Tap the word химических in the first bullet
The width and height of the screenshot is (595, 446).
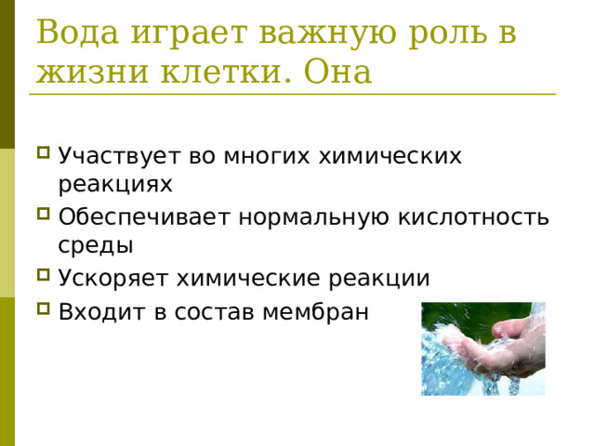click(390, 155)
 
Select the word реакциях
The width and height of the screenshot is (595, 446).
click(115, 184)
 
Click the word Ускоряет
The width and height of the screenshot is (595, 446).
click(114, 279)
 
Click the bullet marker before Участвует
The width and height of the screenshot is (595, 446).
click(44, 154)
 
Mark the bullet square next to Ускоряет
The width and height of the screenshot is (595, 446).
click(44, 277)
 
